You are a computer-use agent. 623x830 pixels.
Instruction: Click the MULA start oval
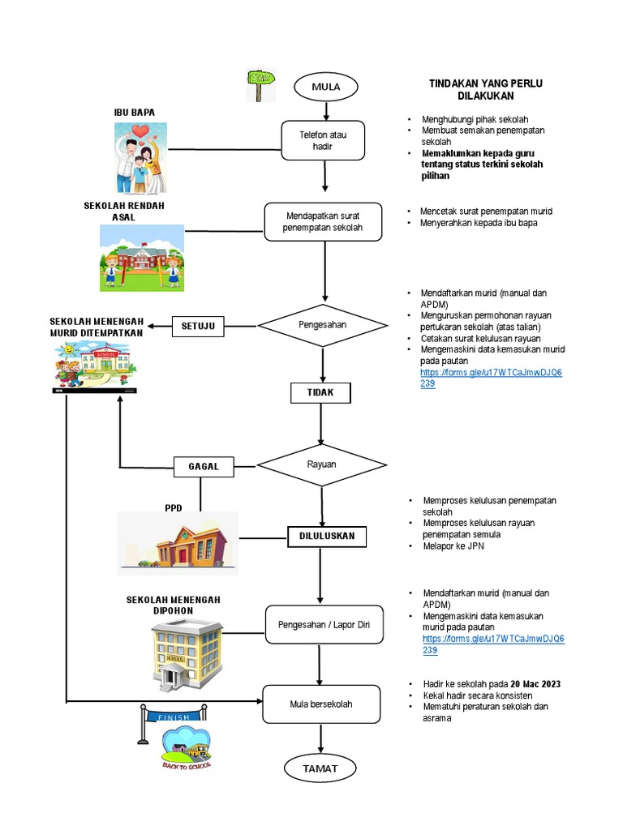point(324,87)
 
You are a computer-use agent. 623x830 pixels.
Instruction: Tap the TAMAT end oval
point(322,768)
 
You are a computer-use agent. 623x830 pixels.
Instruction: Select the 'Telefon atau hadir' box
point(324,141)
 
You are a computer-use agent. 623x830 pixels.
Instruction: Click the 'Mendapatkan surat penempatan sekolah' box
point(323,222)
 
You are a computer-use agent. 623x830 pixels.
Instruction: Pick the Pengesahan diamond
point(323,326)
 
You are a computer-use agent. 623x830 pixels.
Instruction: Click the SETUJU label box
point(198,326)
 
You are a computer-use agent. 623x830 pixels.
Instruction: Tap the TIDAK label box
point(322,393)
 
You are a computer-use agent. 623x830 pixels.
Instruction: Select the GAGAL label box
point(204,467)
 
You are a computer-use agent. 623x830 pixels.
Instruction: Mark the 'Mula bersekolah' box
point(321,704)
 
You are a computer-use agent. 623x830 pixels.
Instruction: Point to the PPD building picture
point(178,540)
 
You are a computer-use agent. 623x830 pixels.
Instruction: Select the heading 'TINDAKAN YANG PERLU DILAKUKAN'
point(485,89)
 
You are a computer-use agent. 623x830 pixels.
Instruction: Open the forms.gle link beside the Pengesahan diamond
point(491,378)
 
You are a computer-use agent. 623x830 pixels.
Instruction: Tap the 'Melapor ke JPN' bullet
point(452,546)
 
